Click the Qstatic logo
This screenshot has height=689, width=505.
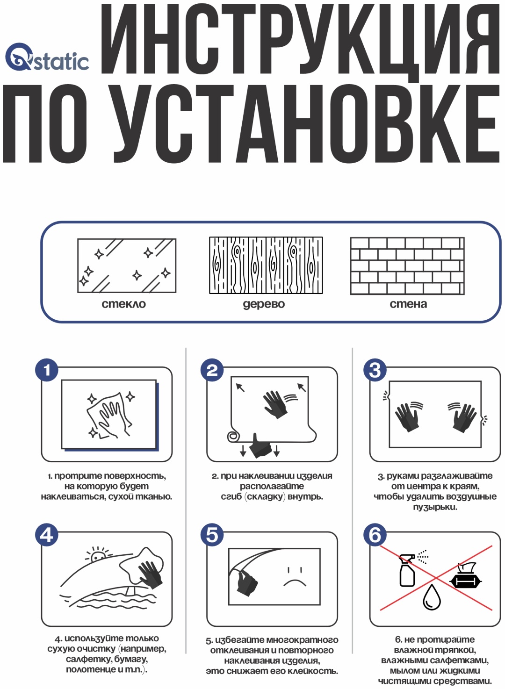pos(47,57)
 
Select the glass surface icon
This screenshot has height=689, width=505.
pos(126,266)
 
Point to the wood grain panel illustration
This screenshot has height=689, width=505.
pos(266,265)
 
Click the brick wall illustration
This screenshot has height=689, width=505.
pos(407,266)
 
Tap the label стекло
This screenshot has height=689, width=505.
pos(124,304)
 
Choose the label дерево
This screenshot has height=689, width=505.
pos(264,304)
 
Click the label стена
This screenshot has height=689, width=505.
pos(408,304)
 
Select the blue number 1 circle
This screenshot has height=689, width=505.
pos(47,370)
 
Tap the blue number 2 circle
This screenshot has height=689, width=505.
pos(212,370)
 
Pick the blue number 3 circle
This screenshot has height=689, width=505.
pos(375,370)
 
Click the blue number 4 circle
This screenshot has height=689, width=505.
pos(47,535)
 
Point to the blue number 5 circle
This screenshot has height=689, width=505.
pos(212,535)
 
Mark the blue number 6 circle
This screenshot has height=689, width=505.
pos(375,535)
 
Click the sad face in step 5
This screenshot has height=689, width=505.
pos(295,577)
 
